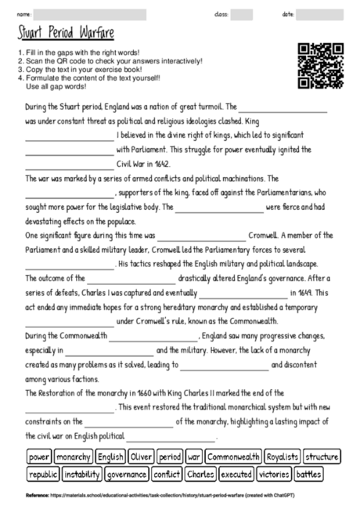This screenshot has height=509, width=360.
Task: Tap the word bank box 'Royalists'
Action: [x=283, y=457]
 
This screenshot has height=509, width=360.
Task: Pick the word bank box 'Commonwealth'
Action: [x=232, y=457]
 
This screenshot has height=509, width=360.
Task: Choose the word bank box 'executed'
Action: [x=236, y=474]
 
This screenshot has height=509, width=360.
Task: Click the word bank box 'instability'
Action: [x=82, y=474]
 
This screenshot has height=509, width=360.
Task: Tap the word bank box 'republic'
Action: [x=42, y=474]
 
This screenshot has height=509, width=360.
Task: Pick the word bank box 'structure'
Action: [x=322, y=457]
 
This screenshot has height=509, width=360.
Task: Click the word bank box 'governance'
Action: [x=127, y=474]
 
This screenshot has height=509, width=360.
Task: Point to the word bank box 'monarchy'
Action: [x=74, y=457]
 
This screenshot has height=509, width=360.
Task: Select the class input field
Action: [x=241, y=14]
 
